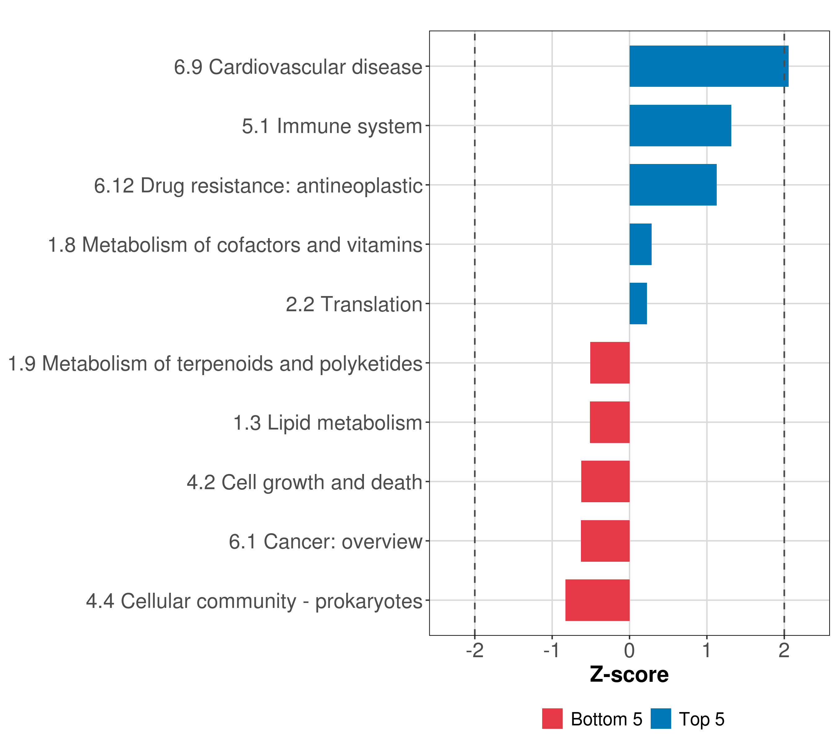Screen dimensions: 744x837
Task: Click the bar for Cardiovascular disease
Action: point(708,66)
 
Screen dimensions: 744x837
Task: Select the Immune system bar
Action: point(680,126)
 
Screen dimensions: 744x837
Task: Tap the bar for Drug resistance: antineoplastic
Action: point(673,185)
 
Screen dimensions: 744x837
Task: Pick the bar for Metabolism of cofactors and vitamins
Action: point(640,245)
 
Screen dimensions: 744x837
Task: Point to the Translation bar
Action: point(638,303)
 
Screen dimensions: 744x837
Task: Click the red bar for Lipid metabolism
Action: point(609,422)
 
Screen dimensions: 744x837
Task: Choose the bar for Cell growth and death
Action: point(605,481)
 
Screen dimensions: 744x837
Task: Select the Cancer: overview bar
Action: point(605,541)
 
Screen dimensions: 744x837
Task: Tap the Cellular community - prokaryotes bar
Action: point(597,600)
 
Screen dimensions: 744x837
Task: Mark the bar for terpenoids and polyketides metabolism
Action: point(609,363)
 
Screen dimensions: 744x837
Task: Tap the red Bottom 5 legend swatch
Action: point(552,719)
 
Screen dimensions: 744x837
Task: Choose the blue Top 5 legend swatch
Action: point(661,719)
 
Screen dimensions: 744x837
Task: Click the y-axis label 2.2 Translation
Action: point(354,304)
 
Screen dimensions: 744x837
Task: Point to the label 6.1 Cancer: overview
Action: point(325,542)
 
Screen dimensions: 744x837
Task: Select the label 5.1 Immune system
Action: point(332,126)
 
